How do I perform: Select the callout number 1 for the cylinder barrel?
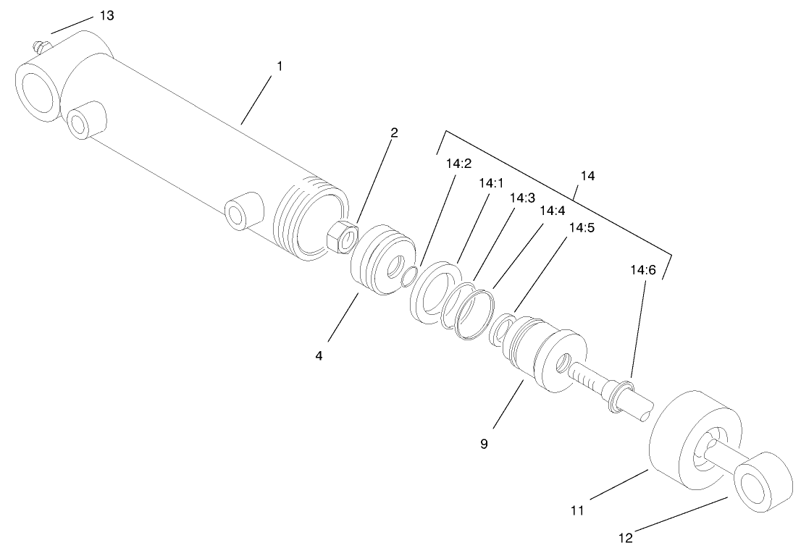tap(279, 65)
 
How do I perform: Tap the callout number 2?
tap(394, 132)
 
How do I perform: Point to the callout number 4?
tap(318, 355)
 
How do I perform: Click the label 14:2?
tap(459, 164)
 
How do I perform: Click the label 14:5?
tap(582, 227)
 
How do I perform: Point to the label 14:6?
tap(642, 271)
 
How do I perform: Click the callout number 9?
tap(484, 443)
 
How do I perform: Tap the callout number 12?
tap(626, 538)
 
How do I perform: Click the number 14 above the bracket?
tap(589, 175)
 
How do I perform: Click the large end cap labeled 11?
tap(688, 443)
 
